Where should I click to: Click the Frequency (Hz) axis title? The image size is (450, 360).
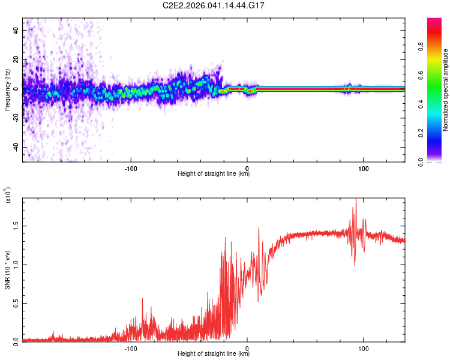coord(7,90)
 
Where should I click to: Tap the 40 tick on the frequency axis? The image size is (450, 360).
coord(16,29)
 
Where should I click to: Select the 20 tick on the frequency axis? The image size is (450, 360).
coord(16,59)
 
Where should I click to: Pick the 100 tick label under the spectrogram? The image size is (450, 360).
coord(363,167)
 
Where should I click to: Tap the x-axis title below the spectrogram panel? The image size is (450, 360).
coord(214,174)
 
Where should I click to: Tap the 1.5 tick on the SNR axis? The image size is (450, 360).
coord(14,226)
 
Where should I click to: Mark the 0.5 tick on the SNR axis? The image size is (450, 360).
coord(14,302)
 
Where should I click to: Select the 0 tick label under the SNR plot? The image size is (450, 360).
coord(247,347)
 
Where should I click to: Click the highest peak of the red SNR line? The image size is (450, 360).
coord(356,200)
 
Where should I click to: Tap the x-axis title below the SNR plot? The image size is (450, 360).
coord(214,353)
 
